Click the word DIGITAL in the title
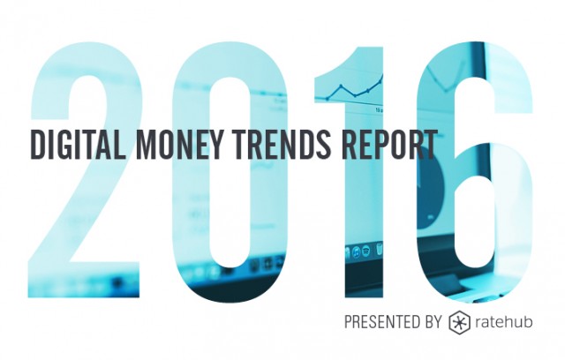point(79,145)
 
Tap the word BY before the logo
point(433,321)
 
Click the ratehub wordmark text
point(504,321)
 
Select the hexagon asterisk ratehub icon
point(460,322)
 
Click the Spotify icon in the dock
point(366,251)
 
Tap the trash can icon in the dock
point(379,249)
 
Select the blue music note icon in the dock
point(356,252)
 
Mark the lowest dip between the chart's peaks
point(355,96)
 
